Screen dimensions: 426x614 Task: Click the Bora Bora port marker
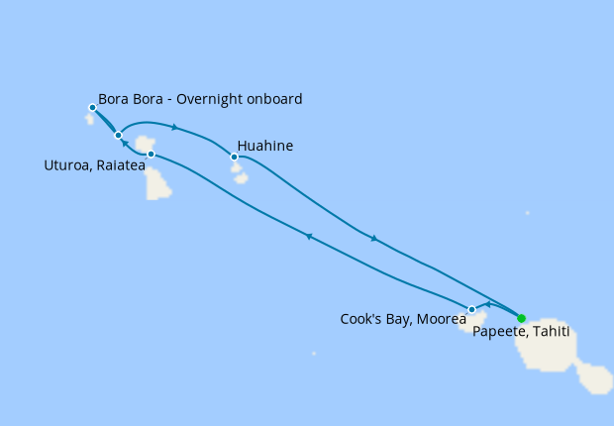click(x=92, y=107)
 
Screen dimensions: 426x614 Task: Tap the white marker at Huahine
click(x=235, y=157)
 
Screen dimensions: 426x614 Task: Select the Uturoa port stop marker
click(x=151, y=155)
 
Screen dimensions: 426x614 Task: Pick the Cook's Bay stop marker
click(x=471, y=309)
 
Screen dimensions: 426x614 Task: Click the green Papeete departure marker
click(x=522, y=318)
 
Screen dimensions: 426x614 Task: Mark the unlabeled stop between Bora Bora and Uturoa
click(x=118, y=135)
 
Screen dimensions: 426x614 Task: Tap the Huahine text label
click(x=264, y=147)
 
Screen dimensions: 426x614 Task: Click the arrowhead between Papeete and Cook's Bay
click(x=487, y=303)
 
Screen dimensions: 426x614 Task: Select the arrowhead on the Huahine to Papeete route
click(x=373, y=238)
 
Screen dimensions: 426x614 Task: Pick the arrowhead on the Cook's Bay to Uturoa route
click(x=309, y=236)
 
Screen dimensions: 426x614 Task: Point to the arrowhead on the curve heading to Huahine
click(x=174, y=127)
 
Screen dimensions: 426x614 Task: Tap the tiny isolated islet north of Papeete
click(x=528, y=212)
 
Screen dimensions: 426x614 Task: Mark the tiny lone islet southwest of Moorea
click(x=314, y=353)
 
